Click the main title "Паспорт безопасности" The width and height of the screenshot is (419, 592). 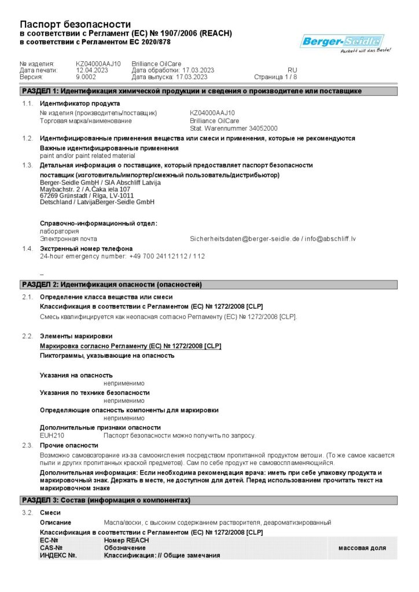pos(75,24)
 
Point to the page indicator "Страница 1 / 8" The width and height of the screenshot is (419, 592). pos(275,77)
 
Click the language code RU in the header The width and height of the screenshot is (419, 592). pos(292,70)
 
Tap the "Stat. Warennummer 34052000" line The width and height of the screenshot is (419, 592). pos(234,128)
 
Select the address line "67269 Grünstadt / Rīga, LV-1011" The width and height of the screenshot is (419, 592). pos(87,195)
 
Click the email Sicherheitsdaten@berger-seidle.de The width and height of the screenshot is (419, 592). pos(244,238)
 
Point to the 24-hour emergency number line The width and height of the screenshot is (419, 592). pos(122,256)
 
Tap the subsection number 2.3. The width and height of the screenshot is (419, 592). pos(27,445)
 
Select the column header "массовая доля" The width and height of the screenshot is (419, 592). pos(362,547)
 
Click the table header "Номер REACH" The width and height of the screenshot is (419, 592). pos(126,540)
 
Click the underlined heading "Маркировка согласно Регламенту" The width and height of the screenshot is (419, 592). pos(130,346)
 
